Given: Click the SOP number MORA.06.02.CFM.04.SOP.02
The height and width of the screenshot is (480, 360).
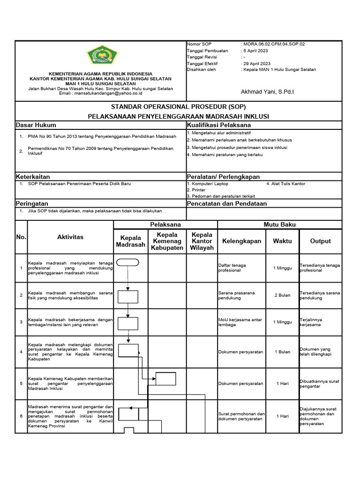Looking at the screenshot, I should click(273, 44).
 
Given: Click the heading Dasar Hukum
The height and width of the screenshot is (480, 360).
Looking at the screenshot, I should click(36, 125).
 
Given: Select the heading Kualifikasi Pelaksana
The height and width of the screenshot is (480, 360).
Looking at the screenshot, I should click(218, 125).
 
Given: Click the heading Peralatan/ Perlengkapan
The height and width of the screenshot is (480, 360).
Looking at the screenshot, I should click(223, 177).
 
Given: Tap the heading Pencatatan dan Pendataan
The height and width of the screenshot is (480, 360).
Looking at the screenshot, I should click(226, 203).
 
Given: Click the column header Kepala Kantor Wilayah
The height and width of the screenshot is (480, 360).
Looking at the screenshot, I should click(202, 241).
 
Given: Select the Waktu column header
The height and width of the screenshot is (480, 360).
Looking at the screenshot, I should click(282, 241).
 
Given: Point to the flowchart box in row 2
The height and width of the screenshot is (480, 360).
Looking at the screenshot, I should click(127, 297).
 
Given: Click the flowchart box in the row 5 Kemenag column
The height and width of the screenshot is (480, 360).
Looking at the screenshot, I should click(166, 378).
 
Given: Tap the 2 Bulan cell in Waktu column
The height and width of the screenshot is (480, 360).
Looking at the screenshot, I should click(282, 296).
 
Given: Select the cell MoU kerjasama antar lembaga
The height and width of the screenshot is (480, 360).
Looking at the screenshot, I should click(240, 322).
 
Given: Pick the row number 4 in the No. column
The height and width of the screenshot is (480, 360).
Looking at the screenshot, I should click(21, 352).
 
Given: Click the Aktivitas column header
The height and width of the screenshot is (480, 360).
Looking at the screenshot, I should click(70, 237).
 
